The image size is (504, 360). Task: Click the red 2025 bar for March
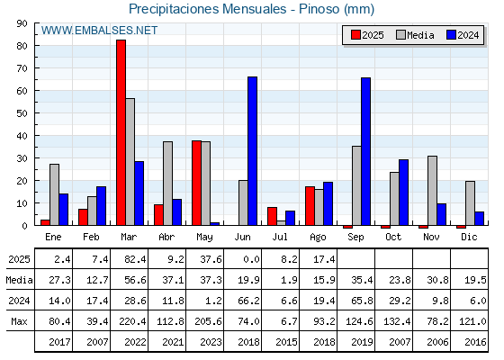[x=121, y=132]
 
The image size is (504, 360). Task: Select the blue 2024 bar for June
[x=252, y=151]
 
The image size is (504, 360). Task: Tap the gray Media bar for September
[x=356, y=185]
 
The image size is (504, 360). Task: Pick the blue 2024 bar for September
[x=365, y=151]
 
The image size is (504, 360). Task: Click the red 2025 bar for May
[x=197, y=183]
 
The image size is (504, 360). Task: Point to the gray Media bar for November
[x=432, y=191]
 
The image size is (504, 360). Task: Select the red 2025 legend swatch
[x=355, y=35]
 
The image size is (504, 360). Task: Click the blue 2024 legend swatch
[x=451, y=35]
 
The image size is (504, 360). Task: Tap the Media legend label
[x=420, y=35]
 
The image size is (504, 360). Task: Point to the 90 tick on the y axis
[x=22, y=23]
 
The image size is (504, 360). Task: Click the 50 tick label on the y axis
[x=22, y=113]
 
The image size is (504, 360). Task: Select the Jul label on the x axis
[x=280, y=238]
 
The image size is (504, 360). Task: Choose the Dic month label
[x=469, y=238]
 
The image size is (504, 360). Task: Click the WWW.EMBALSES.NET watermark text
[x=99, y=31]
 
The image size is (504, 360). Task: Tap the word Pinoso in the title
[x=319, y=9]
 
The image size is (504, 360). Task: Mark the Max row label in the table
[x=19, y=321]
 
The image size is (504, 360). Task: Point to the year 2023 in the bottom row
[x=211, y=342]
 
